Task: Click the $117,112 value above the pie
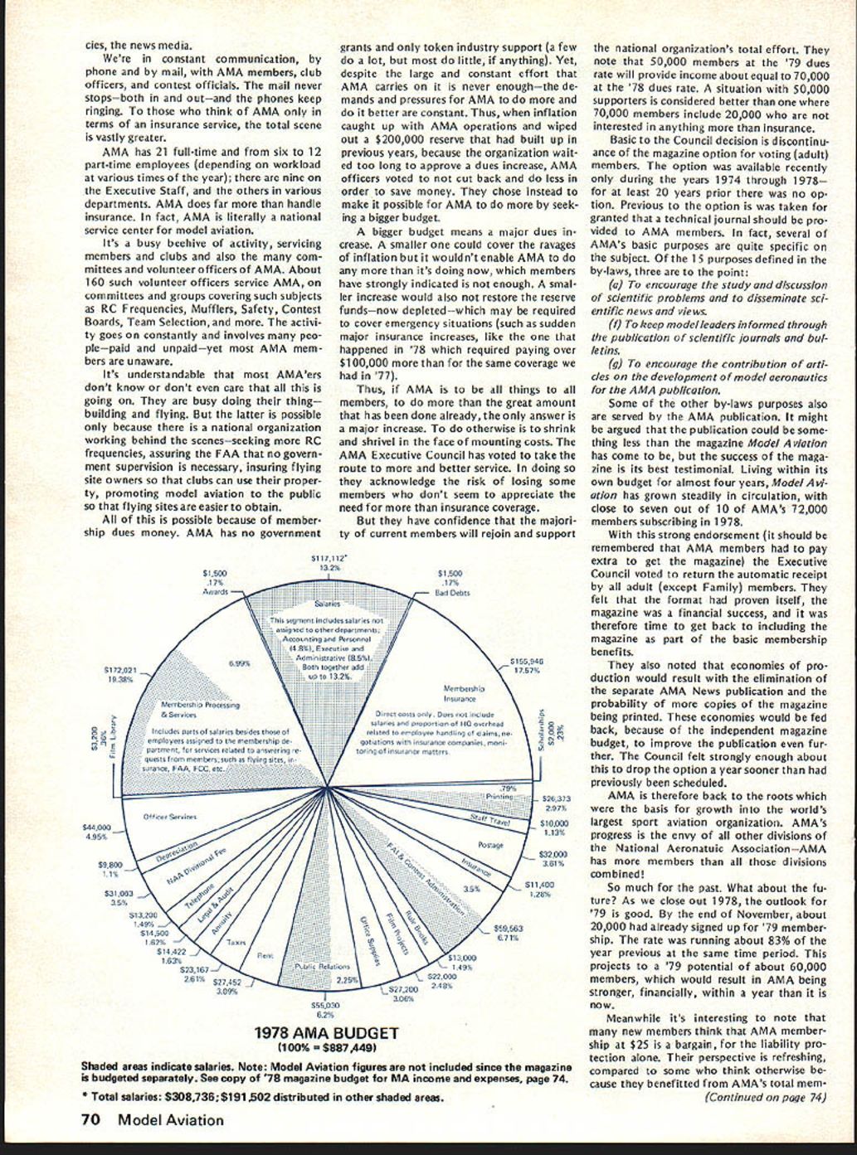(x=329, y=559)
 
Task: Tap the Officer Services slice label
(x=169, y=817)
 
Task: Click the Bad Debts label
(x=453, y=593)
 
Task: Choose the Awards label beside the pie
(x=215, y=593)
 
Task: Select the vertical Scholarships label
(x=542, y=731)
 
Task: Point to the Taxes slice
(x=236, y=942)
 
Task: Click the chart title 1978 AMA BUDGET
(x=326, y=1034)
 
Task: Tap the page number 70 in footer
(x=91, y=1120)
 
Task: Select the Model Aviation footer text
(x=171, y=1120)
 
